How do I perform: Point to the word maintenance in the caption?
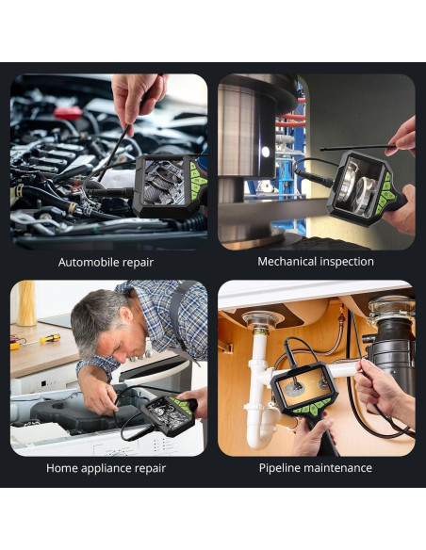point(338,468)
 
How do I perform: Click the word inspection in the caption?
point(345,262)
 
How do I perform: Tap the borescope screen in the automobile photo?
point(164,182)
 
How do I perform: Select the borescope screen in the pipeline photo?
point(304,386)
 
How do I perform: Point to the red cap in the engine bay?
point(68,113)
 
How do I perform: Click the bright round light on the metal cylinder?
point(266,152)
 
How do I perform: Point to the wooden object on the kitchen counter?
point(26,303)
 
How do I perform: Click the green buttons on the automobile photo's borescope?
point(198,181)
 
